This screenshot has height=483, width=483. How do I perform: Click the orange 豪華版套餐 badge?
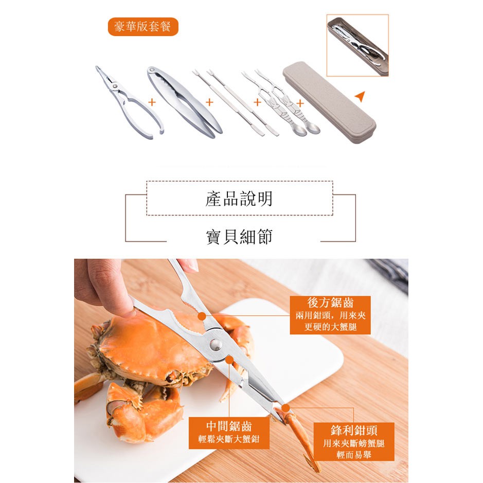143,27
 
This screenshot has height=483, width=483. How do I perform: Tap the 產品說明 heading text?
239,199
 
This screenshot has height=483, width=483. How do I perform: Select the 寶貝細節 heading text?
239,237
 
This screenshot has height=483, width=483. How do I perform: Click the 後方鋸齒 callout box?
330,315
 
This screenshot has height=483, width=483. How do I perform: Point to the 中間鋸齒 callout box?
229,433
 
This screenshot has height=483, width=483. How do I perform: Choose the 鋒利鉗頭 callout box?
353,441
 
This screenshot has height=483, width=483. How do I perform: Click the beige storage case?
329,102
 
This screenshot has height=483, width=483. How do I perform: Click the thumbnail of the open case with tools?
357,45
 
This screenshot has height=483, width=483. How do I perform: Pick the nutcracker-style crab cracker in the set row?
185,102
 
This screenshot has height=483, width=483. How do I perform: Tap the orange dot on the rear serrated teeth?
202,316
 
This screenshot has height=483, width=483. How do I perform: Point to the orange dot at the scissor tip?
285,408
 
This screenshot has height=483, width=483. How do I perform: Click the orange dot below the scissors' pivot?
229,360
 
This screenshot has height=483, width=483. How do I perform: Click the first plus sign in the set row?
152,102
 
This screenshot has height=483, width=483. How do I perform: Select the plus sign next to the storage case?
300,103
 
